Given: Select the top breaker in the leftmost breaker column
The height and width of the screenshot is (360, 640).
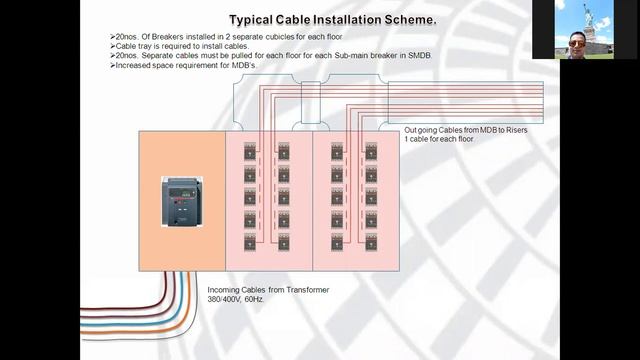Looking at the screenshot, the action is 250,151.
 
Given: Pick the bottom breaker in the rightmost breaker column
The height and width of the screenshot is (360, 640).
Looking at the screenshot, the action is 371,241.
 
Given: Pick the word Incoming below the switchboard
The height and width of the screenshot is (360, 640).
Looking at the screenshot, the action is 227,290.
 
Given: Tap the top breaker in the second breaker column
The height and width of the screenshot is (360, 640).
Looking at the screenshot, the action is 284,151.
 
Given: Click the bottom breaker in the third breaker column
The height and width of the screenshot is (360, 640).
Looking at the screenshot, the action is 337,241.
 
